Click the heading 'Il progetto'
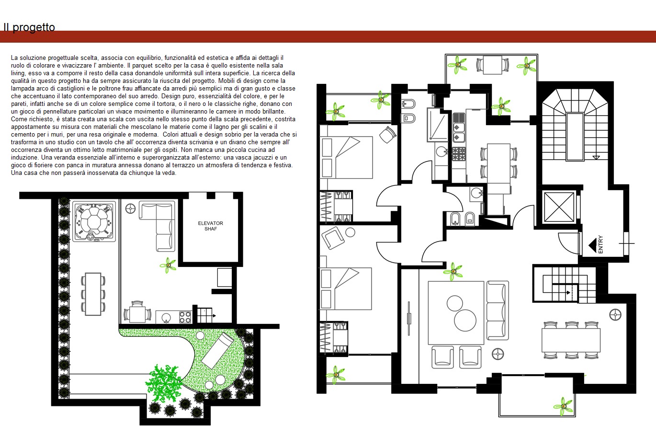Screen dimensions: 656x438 [x=29, y=27]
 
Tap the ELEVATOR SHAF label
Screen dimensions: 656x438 [x=210, y=226]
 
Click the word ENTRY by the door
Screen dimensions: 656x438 [x=600, y=244]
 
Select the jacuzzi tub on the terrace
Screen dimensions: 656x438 [x=94, y=221]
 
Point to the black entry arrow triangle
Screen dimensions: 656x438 [x=593, y=245]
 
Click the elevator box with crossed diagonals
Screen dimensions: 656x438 [x=559, y=207]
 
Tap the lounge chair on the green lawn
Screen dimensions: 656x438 [x=217, y=350]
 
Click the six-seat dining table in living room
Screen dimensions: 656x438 [x=571, y=340]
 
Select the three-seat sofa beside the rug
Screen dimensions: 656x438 [x=498, y=310]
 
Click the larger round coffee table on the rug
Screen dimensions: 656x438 [x=465, y=320]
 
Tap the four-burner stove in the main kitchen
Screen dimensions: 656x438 [x=459, y=154]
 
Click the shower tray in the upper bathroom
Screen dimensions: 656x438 [x=438, y=125]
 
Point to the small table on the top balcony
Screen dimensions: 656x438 [x=493, y=65]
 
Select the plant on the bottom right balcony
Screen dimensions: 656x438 [x=563, y=406]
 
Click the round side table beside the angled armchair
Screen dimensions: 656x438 [x=350, y=232]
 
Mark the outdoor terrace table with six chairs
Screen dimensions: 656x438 [x=93, y=294]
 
